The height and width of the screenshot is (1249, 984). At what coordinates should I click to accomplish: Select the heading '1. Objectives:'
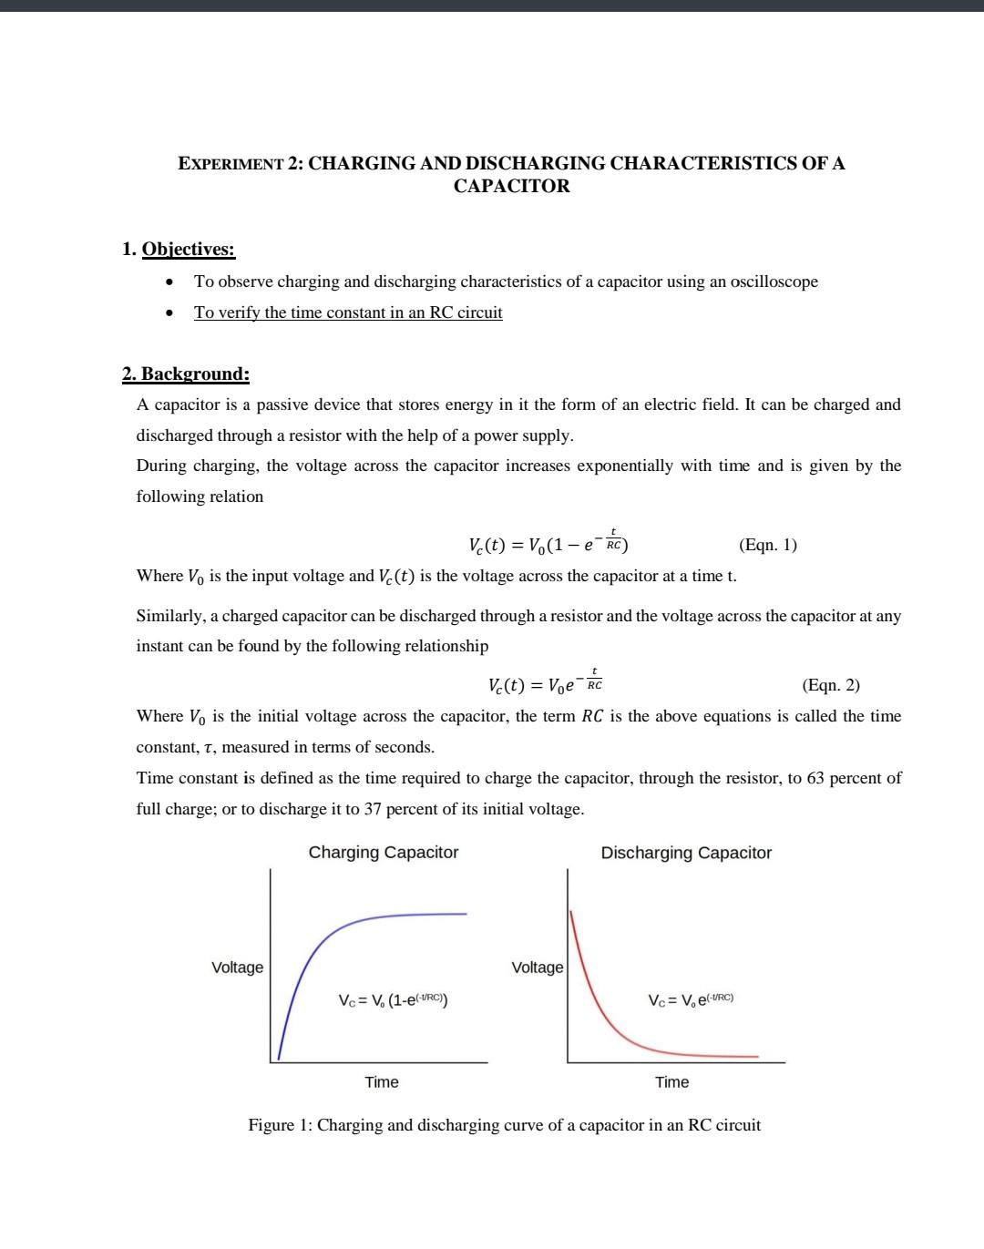pos(179,249)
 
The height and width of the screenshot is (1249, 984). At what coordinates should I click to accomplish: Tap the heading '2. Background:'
pos(186,374)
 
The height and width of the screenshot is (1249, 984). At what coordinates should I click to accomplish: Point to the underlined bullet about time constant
pos(347,312)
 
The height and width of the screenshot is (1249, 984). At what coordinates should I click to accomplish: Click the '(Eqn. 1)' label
pos(767,545)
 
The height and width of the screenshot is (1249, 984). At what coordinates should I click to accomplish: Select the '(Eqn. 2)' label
pos(830,685)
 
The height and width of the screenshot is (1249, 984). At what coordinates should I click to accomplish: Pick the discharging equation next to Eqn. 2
pos(545,683)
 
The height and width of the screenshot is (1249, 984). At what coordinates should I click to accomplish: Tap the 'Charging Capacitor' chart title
pos(383,853)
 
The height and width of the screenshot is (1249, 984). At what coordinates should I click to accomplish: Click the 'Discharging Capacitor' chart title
pos(685,854)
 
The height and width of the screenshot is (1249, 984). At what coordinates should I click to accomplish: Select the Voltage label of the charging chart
pos(237,967)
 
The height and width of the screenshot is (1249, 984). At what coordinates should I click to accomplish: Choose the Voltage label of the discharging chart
pos(537,967)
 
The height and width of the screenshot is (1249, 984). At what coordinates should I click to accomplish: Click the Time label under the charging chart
pos(381,1082)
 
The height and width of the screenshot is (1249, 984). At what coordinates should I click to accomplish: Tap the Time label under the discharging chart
pos(671,1082)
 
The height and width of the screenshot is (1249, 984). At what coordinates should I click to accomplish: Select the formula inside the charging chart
pos(392,1000)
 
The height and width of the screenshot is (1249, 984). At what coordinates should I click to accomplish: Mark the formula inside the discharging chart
pos(691,1000)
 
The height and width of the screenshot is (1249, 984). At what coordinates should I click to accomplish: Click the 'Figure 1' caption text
pos(504,1125)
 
